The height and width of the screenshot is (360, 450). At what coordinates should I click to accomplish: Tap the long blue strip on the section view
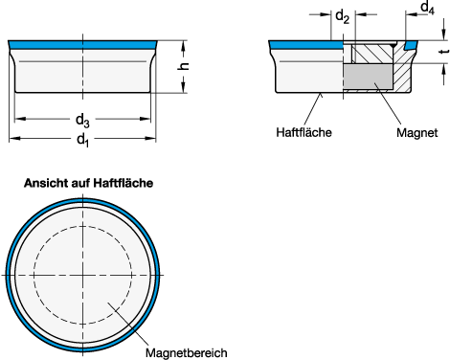[306, 45]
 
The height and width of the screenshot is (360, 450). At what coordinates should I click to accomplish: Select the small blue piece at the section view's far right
[410, 45]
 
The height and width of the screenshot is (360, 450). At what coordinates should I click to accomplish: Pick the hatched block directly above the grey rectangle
[373, 54]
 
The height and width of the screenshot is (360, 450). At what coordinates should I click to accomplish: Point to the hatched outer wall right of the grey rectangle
[402, 75]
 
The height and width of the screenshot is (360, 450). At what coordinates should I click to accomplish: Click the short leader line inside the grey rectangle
[378, 87]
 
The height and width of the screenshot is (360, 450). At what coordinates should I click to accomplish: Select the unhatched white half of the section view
[309, 77]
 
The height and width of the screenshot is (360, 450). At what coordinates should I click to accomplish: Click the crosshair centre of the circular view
[82, 275]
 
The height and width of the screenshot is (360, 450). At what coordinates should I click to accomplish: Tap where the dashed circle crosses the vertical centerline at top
[82, 226]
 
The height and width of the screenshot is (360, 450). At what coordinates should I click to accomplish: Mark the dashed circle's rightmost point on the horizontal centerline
[131, 275]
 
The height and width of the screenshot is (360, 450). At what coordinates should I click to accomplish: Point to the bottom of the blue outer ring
[82, 349]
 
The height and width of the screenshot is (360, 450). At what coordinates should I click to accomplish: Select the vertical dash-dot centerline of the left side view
[82, 72]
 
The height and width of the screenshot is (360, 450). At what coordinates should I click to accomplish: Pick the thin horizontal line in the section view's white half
[308, 62]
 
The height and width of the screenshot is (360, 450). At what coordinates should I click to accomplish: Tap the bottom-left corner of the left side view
[16, 91]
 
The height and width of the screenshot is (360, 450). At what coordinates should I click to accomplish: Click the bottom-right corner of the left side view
[148, 91]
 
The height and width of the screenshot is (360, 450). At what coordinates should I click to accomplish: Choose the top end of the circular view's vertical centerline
[82, 199]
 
